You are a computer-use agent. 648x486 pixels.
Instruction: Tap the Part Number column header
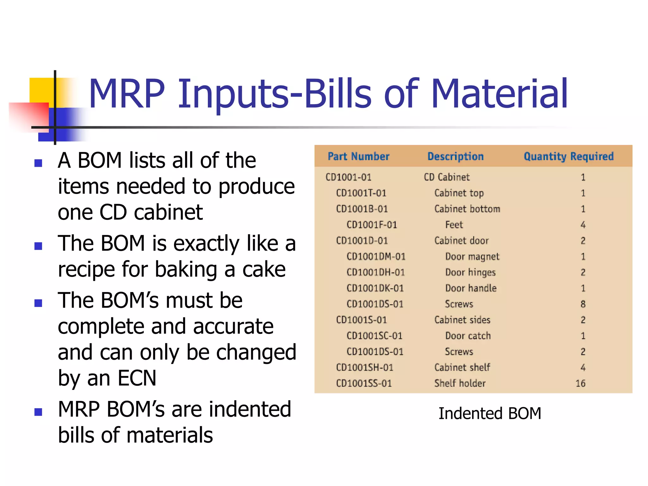coord(358,156)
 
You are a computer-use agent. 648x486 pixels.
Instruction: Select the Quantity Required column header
coord(568,156)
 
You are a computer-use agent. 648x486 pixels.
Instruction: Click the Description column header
coord(455,156)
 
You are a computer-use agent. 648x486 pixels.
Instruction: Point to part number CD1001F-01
coord(371,225)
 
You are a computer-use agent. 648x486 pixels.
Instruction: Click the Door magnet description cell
coord(472,257)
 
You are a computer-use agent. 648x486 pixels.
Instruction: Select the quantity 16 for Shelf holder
coord(580,383)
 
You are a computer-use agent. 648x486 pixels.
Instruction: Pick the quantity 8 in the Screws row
coord(583,304)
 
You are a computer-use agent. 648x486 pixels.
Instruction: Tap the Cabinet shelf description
coord(462,367)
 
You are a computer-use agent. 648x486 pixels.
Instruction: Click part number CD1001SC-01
coord(374,336)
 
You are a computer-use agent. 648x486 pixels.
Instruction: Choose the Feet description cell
coord(454,225)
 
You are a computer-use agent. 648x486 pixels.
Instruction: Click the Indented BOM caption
coord(489,413)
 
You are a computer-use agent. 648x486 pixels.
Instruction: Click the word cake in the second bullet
coord(264,270)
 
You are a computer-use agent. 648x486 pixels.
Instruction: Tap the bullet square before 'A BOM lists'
coord(38,163)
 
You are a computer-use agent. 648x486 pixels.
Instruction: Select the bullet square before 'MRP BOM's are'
coord(38,412)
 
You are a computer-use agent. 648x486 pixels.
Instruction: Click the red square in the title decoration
coord(30,115)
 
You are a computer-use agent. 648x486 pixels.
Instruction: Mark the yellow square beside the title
coord(41,90)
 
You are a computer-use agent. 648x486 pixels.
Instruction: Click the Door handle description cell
coord(471,288)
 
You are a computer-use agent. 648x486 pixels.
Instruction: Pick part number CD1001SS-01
coord(364,383)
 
